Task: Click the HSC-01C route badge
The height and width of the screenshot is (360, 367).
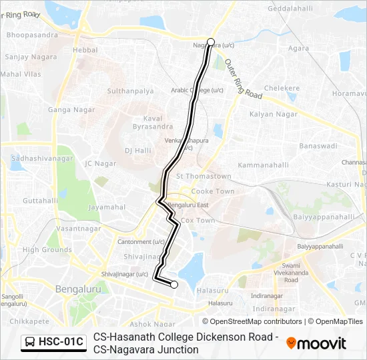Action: click(x=53, y=343)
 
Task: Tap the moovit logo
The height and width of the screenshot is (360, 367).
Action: click(x=316, y=343)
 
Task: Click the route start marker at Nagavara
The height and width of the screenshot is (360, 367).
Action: click(x=211, y=42)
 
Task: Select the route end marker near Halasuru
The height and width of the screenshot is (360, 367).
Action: click(x=174, y=285)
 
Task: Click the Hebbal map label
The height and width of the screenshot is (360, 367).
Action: click(x=85, y=50)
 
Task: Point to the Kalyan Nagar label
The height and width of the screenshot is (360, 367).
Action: click(x=268, y=115)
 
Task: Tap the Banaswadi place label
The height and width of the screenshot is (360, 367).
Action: click(x=318, y=145)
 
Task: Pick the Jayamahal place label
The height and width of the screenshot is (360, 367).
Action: click(x=107, y=207)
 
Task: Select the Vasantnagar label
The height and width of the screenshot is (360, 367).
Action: click(x=79, y=229)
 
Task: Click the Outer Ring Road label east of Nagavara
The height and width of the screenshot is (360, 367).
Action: click(x=244, y=79)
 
